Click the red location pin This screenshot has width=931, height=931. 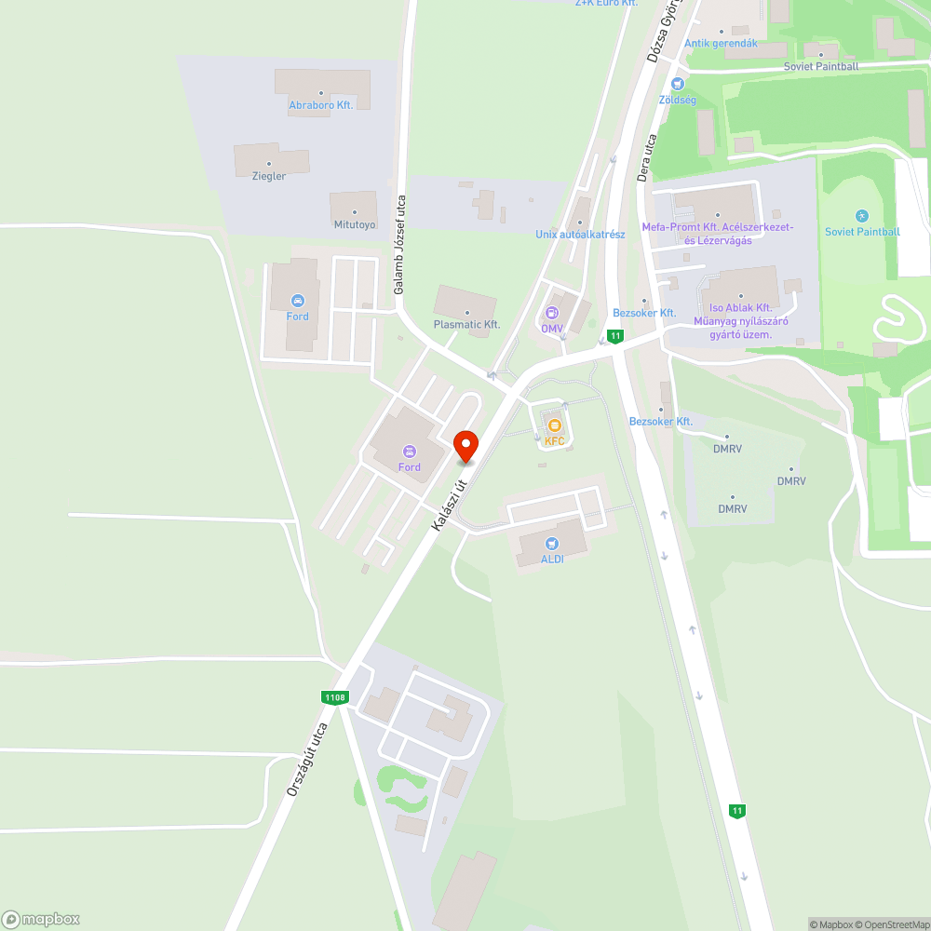click(465, 446)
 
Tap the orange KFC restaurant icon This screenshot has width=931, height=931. click(555, 425)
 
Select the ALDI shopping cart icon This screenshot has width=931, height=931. click(552, 544)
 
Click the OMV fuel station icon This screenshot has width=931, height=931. click(552, 313)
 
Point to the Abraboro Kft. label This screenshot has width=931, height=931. click(320, 106)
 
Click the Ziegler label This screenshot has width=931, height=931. click(268, 176)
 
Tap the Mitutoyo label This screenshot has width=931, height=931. click(354, 224)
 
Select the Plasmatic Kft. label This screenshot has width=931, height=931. click(467, 324)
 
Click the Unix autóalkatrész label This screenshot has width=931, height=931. click(580, 235)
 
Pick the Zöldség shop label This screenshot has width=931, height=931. click(677, 99)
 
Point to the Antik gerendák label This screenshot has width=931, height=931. click(721, 44)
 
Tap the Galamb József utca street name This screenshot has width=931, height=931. click(400, 245)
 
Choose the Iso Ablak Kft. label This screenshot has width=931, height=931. click(741, 308)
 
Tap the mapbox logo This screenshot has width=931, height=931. click(41, 918)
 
